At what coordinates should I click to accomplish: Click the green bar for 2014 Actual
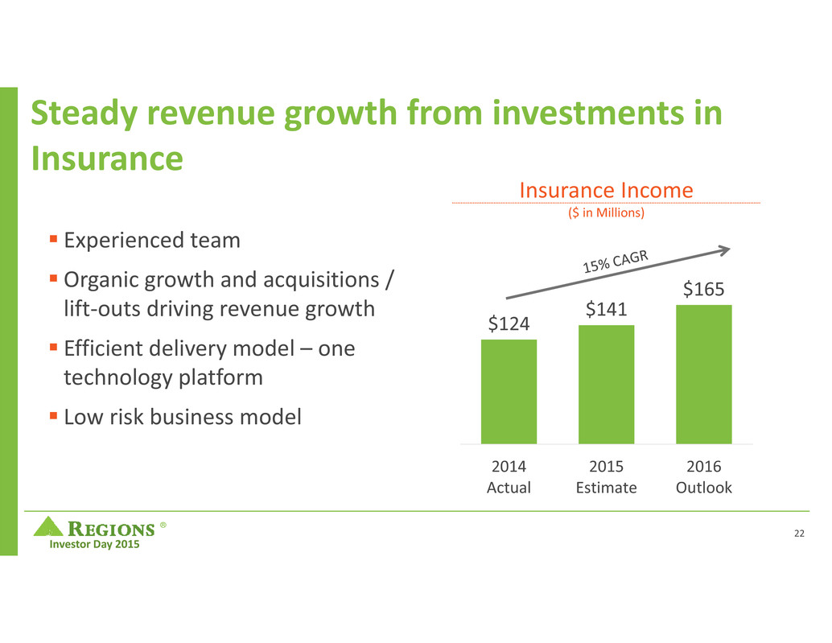click(x=509, y=391)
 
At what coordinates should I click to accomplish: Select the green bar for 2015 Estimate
click(x=606, y=384)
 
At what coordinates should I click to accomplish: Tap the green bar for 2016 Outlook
click(x=703, y=373)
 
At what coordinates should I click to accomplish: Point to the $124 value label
click(x=509, y=324)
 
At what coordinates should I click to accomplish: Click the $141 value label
click(x=606, y=309)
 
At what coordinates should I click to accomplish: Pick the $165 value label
click(x=703, y=289)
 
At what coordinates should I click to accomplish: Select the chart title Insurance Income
click(x=606, y=190)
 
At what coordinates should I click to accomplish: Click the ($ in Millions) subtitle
click(x=606, y=213)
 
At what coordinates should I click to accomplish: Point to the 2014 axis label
click(x=509, y=468)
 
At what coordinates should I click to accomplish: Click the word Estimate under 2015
click(x=606, y=488)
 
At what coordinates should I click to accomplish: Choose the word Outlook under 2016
click(x=703, y=488)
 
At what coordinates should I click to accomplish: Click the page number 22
click(x=798, y=534)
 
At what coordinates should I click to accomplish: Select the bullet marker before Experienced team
click(x=53, y=239)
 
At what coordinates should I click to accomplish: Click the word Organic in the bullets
click(x=97, y=281)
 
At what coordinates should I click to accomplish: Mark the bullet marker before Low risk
click(x=53, y=415)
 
